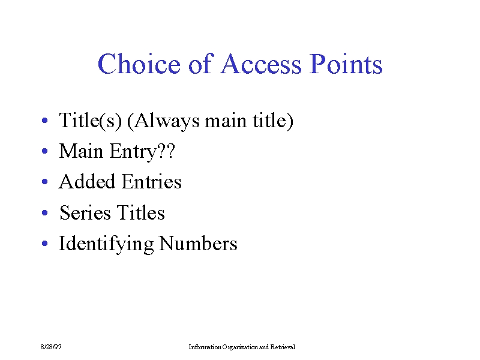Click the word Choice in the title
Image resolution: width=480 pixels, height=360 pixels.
139,64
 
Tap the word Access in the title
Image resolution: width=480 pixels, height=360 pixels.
261,64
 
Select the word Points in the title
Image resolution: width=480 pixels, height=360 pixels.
346,64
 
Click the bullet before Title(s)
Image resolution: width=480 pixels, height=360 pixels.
44,121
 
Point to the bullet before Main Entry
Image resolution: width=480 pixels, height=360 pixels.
44,151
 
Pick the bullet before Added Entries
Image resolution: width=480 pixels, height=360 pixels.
44,182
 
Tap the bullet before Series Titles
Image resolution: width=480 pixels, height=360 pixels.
44,212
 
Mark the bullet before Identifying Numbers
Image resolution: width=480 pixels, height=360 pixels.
44,244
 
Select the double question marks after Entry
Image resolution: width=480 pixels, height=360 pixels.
166,151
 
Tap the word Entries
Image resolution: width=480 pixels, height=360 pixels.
152,181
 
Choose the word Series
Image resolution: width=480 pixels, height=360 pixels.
85,212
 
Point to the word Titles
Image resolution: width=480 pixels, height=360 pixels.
141,212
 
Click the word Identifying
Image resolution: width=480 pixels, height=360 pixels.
106,244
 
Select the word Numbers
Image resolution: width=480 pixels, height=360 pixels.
199,244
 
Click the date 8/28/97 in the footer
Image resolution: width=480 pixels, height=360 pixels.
51,347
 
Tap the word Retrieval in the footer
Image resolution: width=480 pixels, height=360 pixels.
283,347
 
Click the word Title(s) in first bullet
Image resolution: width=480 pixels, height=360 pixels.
91,121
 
